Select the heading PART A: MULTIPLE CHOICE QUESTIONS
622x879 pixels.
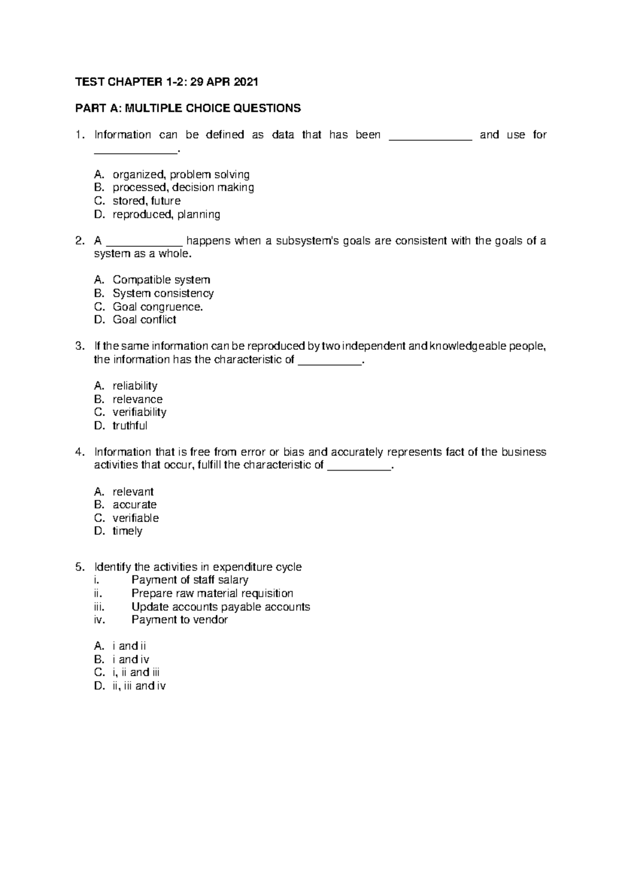tap(188, 108)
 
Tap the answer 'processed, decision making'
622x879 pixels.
tap(183, 188)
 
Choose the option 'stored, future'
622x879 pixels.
tap(147, 201)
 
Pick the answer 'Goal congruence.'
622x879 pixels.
tap(158, 306)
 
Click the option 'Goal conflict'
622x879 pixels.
tap(145, 320)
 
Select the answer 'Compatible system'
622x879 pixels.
tap(161, 280)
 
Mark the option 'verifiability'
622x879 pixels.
tap(139, 412)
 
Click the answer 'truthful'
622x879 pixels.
tap(130, 426)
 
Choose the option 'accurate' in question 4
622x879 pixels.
tap(135, 505)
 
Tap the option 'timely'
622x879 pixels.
tap(128, 531)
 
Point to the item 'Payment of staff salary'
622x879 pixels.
tap(190, 580)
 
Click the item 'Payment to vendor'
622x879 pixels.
tap(179, 620)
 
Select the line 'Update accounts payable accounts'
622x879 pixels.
tap(221, 607)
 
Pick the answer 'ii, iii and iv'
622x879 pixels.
tap(139, 686)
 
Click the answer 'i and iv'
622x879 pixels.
tap(131, 660)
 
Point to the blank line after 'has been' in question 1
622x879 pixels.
tap(430, 136)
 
